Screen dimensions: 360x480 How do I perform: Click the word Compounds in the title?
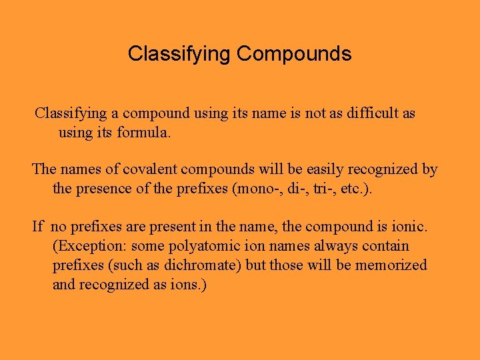[293, 53]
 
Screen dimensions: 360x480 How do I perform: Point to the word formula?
[143, 132]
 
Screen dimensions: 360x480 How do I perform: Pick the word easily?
[336, 169]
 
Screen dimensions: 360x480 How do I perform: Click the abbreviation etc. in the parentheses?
[351, 188]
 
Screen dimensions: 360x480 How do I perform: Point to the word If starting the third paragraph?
[37, 227]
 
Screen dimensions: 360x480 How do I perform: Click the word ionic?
[411, 227]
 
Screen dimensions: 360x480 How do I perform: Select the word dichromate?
[209, 265]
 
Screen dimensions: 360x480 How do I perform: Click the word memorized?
[391, 265]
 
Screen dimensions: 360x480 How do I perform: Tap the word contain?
[385, 246]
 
